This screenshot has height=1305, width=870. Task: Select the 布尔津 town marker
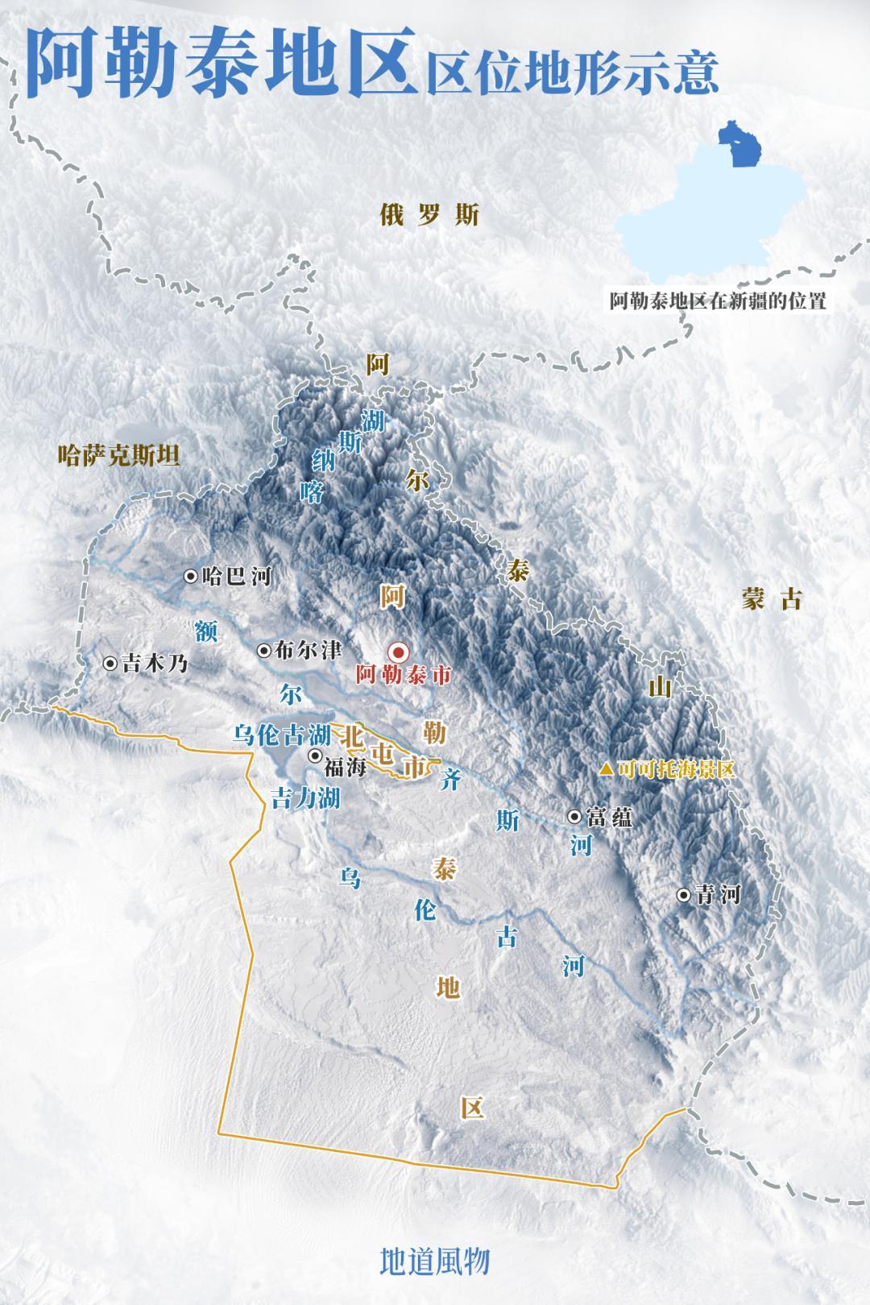coord(263,650)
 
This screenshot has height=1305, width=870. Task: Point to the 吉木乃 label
coord(154,664)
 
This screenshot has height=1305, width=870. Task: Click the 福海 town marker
coord(315,756)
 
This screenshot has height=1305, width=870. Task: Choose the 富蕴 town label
coord(610,817)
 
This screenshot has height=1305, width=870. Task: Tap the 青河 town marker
coord(684,894)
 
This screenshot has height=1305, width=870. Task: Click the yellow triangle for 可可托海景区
coord(605,769)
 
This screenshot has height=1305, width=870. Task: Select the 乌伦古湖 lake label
coord(281,735)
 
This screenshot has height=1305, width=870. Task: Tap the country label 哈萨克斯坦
coord(119,457)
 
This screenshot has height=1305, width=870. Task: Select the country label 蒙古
coord(772,599)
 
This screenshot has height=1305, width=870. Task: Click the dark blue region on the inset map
coord(736,145)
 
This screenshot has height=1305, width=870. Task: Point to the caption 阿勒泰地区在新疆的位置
coord(717,302)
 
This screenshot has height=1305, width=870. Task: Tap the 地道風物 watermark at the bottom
coord(435,1261)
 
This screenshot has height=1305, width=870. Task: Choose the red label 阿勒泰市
coord(403,676)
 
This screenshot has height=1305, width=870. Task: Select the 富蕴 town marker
coord(574,816)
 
